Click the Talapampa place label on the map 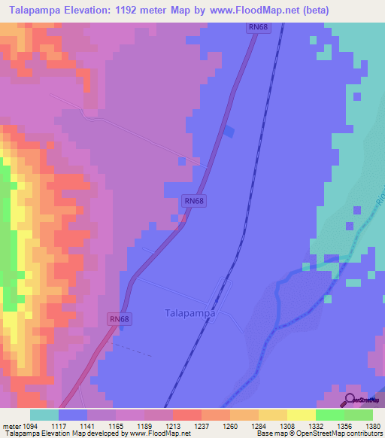[189, 313]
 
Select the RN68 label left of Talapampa [120, 319]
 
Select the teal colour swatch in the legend [44, 415]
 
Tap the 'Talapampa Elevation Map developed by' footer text [64, 434]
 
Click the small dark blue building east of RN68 [229, 132]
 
